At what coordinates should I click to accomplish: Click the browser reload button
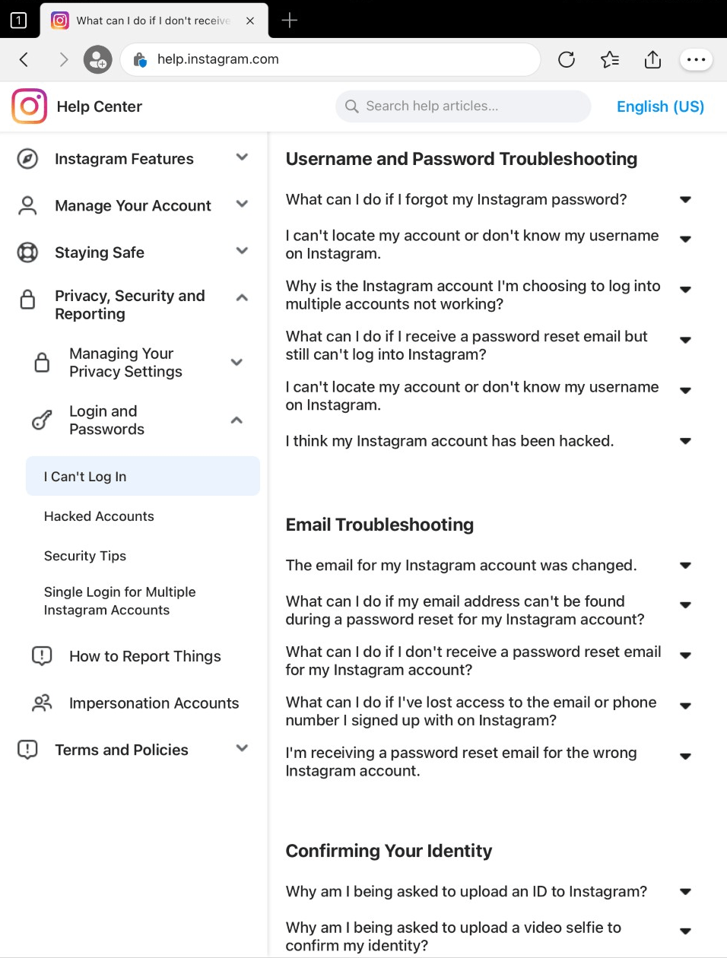point(567,59)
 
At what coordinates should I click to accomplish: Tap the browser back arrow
point(24,59)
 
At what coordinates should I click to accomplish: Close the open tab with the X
point(250,21)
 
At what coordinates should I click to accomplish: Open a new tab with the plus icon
point(290,21)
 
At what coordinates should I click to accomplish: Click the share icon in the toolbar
point(652,59)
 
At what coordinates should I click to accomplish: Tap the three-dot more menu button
point(696,59)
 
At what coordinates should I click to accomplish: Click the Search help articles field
point(463,106)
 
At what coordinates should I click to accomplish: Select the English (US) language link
point(660,106)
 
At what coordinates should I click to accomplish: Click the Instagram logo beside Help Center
point(30,106)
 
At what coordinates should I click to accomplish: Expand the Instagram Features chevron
point(243,157)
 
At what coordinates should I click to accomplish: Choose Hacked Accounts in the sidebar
point(99,516)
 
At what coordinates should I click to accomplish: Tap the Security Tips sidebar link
point(85,556)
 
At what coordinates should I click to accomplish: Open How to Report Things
point(144,656)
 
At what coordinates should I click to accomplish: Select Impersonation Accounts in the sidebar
point(154,703)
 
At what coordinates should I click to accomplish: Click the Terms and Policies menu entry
point(122,750)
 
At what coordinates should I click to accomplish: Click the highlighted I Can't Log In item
point(85,477)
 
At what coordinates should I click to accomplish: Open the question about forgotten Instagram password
point(456,199)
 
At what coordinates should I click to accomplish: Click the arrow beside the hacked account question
point(685,441)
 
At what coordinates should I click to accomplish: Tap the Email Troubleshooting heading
point(379,525)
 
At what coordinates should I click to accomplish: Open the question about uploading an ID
point(466,891)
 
